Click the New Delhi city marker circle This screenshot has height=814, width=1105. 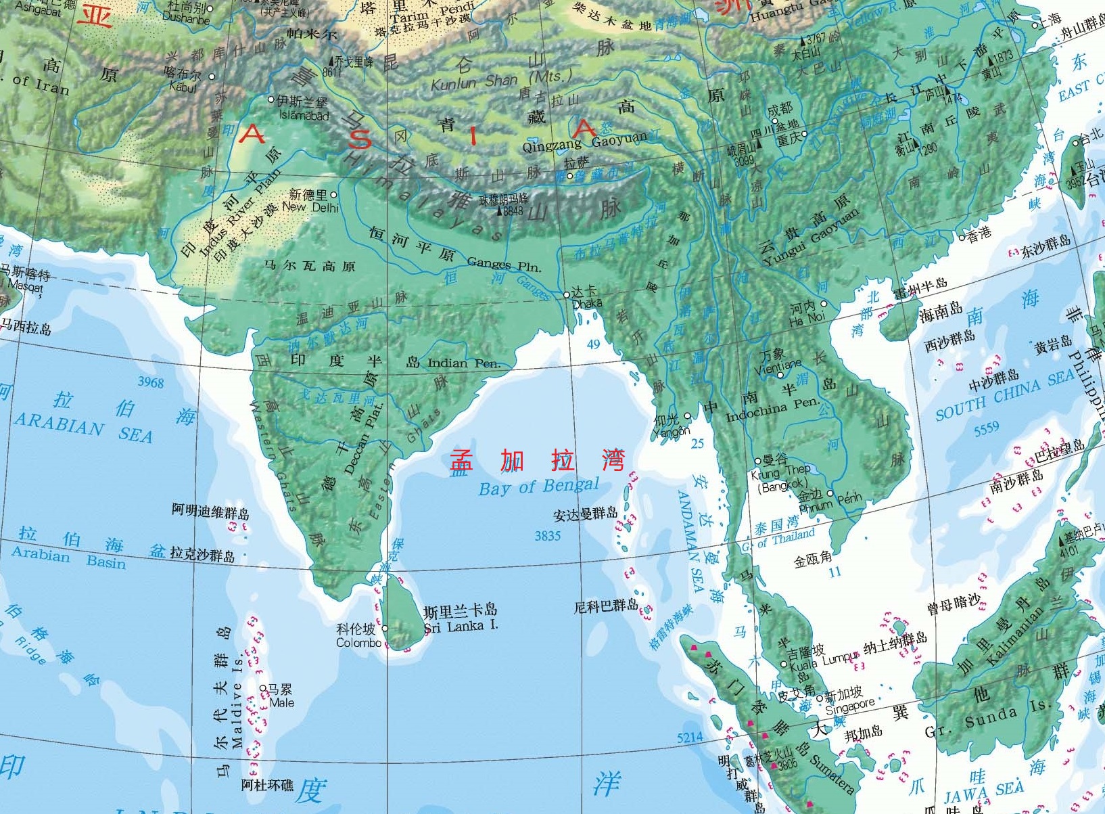click(x=333, y=194)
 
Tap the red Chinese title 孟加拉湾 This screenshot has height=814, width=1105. click(x=538, y=460)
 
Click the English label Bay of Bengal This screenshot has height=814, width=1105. click(x=538, y=487)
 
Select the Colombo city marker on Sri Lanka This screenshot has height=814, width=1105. click(x=385, y=628)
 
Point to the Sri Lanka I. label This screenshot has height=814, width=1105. click(x=461, y=627)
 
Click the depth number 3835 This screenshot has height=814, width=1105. click(x=547, y=536)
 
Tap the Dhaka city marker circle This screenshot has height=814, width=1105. click(x=567, y=295)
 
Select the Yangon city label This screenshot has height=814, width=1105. click(x=672, y=431)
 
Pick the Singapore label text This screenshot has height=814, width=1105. click(x=849, y=706)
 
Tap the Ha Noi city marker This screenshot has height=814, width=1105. click(x=824, y=304)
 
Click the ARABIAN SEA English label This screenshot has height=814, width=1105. click(x=83, y=428)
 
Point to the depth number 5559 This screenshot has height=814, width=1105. click(x=986, y=428)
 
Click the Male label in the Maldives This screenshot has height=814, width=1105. click(x=281, y=703)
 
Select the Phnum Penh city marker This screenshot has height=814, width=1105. click(x=830, y=494)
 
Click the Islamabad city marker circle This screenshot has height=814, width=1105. click(x=272, y=99)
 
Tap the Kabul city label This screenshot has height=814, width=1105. click(x=183, y=87)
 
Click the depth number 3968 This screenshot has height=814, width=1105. click(x=151, y=382)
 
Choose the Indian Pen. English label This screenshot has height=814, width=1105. click(x=464, y=363)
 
